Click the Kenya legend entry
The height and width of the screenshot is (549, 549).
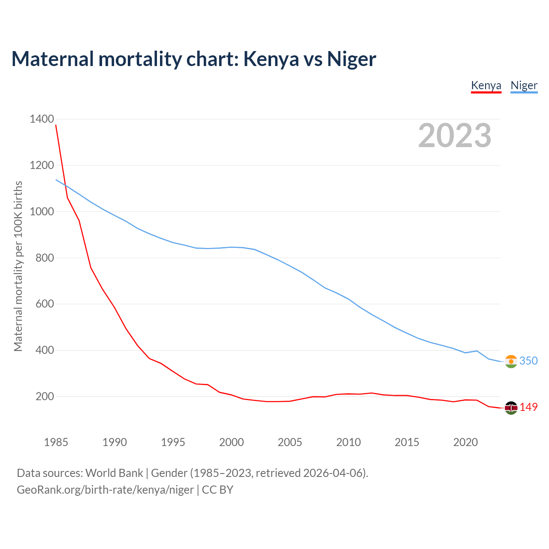486,85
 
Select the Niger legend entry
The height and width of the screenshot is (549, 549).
524,85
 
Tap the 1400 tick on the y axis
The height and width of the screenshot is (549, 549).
42,119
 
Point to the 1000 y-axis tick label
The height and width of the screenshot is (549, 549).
42,211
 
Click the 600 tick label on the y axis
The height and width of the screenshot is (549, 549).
45,304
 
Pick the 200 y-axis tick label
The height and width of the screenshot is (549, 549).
45,397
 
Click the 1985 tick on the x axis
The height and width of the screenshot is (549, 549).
56,442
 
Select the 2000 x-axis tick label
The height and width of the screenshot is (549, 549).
231,442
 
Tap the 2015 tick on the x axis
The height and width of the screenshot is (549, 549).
407,442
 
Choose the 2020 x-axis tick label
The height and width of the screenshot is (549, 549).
465,442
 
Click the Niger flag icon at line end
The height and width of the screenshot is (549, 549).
511,362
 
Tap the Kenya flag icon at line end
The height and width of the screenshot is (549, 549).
511,408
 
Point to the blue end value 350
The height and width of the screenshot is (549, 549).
528,361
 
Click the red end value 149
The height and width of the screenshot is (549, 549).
528,407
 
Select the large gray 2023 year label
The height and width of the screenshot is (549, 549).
455,136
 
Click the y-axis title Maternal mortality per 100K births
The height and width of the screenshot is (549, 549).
18,266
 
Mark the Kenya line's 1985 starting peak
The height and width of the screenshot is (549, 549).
56,125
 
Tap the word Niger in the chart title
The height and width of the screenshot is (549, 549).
351,59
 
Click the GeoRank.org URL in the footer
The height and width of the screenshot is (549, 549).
105,490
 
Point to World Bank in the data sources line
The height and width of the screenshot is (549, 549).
114,473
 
